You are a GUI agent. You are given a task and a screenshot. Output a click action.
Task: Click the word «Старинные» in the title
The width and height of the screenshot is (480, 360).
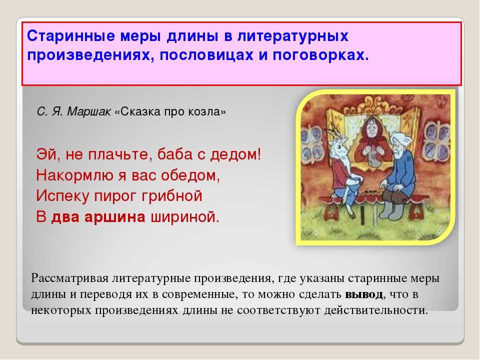pos(71,36)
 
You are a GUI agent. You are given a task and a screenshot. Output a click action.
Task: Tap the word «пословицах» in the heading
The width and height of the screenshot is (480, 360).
pos(206,55)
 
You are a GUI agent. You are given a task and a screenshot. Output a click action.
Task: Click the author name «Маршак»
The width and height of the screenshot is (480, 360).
pos(89,111)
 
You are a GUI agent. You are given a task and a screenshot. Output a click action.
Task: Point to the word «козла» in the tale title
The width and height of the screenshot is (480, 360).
pos(207,111)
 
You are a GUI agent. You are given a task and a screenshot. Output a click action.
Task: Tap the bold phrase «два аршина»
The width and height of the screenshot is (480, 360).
pos(98,217)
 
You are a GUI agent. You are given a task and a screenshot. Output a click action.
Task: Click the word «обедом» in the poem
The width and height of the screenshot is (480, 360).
pos(190,175)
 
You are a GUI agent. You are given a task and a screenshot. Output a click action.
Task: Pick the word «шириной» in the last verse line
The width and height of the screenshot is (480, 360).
pos(185,217)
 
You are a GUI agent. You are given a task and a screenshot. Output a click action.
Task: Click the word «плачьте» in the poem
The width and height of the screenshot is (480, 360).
pos(119,154)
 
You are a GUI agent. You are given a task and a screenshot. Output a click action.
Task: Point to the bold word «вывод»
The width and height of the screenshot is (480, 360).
pos(364,294)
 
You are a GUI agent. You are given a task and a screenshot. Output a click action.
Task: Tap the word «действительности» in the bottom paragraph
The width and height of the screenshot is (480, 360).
pos(375,310)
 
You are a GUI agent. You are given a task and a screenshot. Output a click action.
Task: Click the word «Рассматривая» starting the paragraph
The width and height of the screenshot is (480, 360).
pos(70,278)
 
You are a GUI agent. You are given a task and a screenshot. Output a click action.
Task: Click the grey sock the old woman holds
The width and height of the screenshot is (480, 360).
pos(373,157)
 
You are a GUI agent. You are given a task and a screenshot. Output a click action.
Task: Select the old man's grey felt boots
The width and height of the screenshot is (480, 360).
pos(392,208)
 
